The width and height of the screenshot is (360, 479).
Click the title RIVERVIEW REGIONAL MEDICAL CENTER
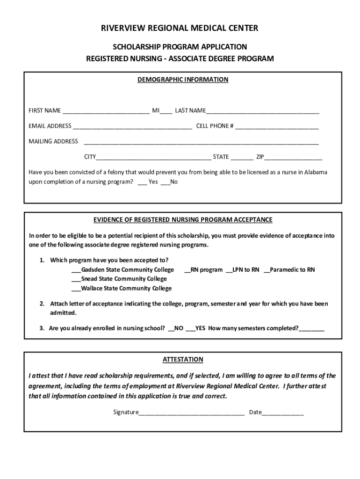click(180, 29)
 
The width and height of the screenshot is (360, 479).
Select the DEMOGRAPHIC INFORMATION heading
click(183, 80)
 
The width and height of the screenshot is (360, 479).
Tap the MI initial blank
click(166, 111)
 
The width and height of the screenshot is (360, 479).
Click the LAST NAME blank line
click(262, 111)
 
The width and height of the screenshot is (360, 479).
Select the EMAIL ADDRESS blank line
click(132, 126)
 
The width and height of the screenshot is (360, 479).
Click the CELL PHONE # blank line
click(277, 126)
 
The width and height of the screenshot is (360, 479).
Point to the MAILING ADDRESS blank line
click(201, 142)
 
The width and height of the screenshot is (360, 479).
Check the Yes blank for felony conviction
click(143, 182)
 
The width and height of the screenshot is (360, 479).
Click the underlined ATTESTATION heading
click(183, 360)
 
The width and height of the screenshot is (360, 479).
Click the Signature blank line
click(192, 413)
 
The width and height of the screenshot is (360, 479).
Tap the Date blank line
click(283, 413)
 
